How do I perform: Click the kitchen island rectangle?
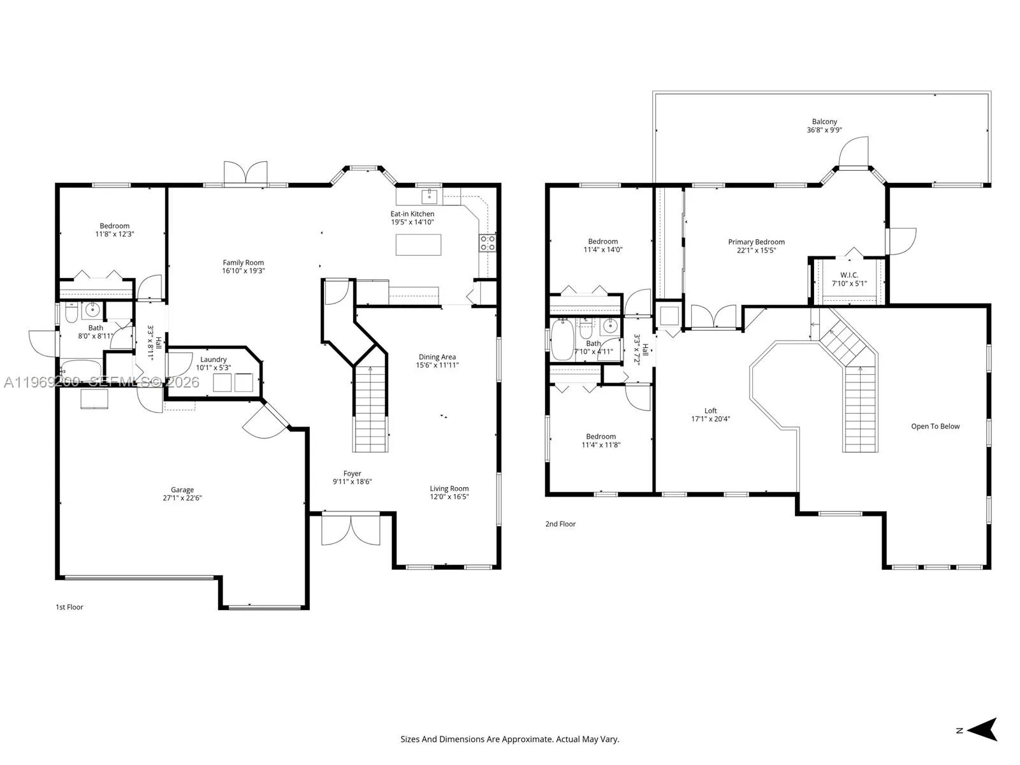point(418,245)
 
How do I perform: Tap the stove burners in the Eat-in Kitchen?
point(488,242)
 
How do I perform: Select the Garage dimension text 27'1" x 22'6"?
point(182,499)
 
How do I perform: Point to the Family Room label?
point(243,263)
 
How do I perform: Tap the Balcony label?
point(824,122)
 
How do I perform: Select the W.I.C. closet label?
point(849,275)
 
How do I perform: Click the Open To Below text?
point(935,426)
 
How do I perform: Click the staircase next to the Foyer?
point(370,408)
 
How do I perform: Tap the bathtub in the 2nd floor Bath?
point(562,340)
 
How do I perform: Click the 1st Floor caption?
point(69,608)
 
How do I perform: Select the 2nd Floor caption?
point(560,524)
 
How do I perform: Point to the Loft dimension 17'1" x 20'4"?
point(710,419)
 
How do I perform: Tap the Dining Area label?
point(437,357)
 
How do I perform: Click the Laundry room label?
point(213,360)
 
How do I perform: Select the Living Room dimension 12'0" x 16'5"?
point(449,497)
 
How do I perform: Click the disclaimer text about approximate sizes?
point(509,739)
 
